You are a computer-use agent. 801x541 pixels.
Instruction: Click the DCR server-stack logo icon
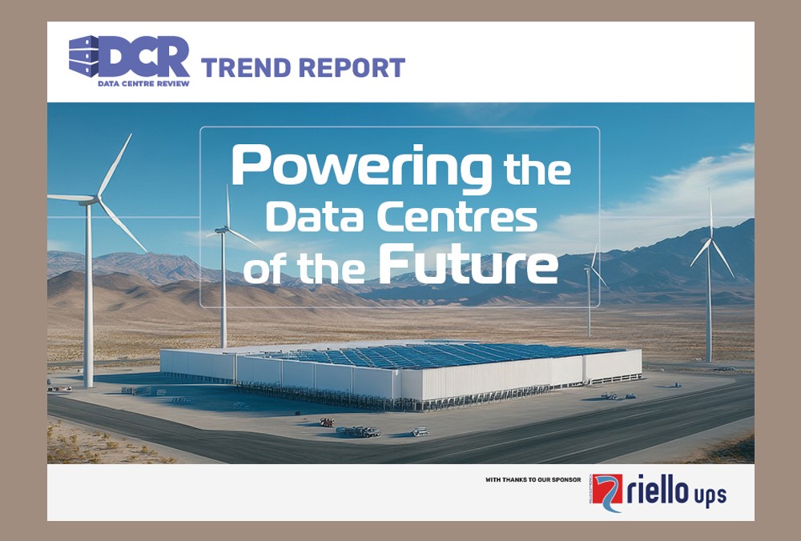84,56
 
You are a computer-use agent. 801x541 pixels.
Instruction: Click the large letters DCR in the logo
144,57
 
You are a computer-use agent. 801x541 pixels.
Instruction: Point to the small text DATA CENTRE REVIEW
143,83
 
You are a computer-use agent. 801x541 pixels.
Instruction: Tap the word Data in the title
316,217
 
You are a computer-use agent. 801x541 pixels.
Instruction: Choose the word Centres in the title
457,218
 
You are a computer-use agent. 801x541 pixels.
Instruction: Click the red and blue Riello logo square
607,492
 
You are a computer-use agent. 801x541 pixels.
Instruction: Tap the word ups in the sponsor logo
710,496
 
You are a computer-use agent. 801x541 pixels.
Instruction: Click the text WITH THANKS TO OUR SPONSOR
533,479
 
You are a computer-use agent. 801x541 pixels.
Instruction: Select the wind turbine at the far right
709,275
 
